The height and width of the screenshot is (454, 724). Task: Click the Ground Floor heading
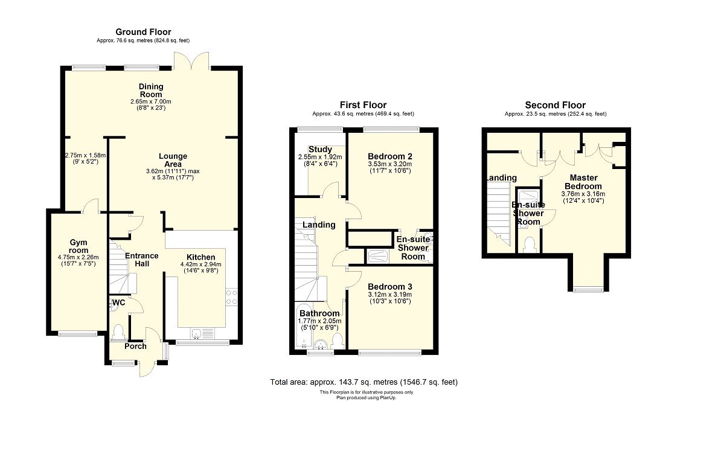(x=144, y=32)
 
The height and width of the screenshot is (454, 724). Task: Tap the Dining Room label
(x=150, y=91)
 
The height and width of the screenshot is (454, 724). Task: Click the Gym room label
(x=78, y=246)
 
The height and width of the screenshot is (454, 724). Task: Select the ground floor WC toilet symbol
(x=119, y=331)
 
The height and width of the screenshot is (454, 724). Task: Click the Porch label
(x=135, y=347)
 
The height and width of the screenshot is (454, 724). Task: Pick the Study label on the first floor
(x=320, y=150)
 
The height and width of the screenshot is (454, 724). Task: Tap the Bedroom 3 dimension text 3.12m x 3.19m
(x=389, y=294)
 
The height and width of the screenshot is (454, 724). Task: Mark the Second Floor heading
(x=555, y=105)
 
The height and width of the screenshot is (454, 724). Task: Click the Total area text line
(x=364, y=382)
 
